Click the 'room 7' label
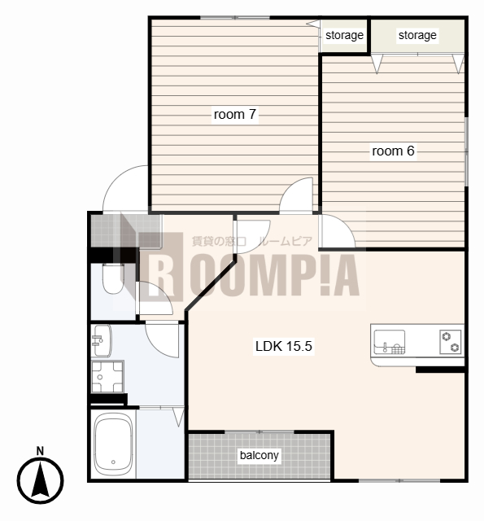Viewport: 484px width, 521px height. tap(235, 114)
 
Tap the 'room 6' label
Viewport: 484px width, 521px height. tap(393, 151)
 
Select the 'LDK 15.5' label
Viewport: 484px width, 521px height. tap(284, 346)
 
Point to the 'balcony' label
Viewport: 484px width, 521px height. tap(259, 455)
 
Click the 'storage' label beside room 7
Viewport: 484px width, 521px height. tap(344, 35)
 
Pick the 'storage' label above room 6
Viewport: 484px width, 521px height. tap(417, 35)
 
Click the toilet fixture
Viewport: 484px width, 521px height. tap(113, 278)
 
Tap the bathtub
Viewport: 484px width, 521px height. tap(113, 444)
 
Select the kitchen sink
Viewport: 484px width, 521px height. tap(390, 342)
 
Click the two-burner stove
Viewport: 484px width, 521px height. tap(451, 342)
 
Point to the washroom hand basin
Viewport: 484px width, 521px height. tap(101, 340)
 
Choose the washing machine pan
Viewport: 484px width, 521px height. tap(107, 377)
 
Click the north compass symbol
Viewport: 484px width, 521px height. tap(40, 480)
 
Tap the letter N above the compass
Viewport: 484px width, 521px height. tap(40, 451)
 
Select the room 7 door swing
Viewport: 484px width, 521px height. tap(296, 195)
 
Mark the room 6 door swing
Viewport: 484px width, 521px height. tap(337, 231)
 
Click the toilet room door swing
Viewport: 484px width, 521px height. tap(155, 298)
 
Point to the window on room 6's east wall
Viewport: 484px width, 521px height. tap(466, 151)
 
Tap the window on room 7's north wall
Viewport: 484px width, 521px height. tap(235, 17)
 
